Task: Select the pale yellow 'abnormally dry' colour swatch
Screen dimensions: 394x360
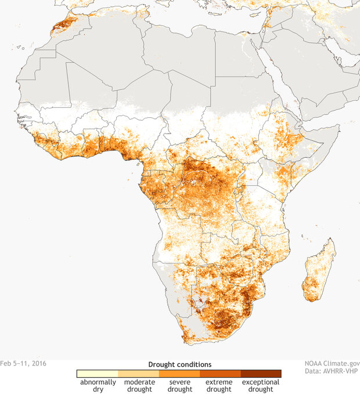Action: pos(98,374)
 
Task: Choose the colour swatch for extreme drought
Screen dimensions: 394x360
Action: pos(220,374)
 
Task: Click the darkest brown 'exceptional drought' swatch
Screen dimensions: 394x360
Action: pos(261,374)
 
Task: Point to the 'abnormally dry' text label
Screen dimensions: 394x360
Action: pos(98,386)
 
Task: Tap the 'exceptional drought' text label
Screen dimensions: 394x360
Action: pos(261,386)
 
